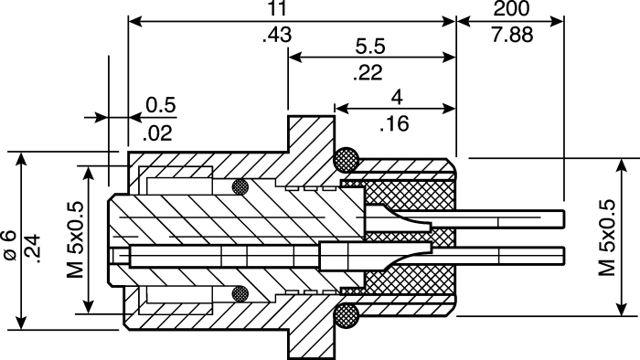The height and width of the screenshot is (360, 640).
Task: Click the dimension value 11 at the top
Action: (x=277, y=8)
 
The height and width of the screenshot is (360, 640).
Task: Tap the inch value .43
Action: (x=277, y=35)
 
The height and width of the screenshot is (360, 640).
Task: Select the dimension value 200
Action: (x=511, y=8)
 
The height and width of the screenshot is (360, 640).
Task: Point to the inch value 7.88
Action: (x=512, y=35)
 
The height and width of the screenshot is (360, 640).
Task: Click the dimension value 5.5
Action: (x=370, y=46)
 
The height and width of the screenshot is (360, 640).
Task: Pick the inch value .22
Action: (x=368, y=72)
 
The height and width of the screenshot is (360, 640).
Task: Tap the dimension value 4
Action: (x=396, y=97)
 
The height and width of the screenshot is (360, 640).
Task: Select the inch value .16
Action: (x=394, y=123)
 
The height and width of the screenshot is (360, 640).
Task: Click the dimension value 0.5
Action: (x=161, y=105)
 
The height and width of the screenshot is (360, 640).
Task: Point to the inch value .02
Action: (x=158, y=133)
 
